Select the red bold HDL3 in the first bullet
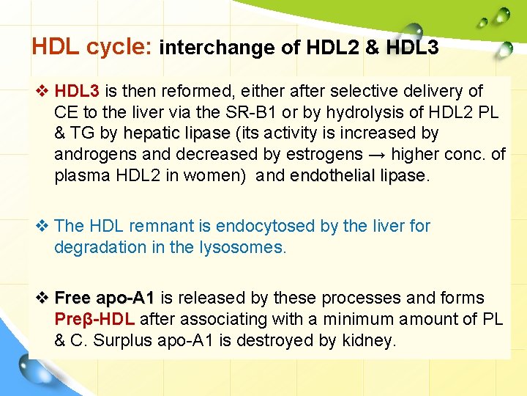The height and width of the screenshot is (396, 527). [77, 92]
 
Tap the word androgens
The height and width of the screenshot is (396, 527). [94, 155]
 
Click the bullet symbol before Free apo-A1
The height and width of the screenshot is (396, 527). [42, 298]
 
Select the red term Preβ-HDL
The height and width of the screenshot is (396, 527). [94, 319]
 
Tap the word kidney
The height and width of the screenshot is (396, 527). [369, 340]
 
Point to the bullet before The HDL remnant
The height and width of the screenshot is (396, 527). [42, 226]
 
